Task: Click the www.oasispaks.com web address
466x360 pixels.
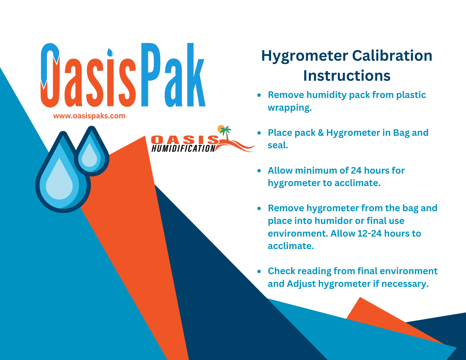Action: pyautogui.click(x=89, y=116)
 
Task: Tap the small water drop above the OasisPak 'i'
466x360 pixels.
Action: pyautogui.click(x=110, y=52)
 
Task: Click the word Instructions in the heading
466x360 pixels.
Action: pyautogui.click(x=347, y=76)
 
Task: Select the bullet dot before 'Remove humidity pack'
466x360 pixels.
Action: pyautogui.click(x=259, y=95)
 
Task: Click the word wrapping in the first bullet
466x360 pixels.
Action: pyautogui.click(x=289, y=108)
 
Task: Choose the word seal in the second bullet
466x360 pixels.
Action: pyautogui.click(x=278, y=145)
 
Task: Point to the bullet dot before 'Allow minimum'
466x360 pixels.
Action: pyautogui.click(x=259, y=171)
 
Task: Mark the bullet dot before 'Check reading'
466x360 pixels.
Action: pyautogui.click(x=259, y=271)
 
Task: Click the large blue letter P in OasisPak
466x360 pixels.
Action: pyautogui.click(x=152, y=75)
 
